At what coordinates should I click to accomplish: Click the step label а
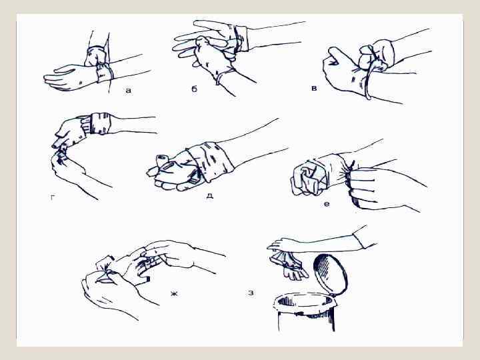coord(129,90)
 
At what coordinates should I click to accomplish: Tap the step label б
coord(195,89)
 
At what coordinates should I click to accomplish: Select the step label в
coord(314,88)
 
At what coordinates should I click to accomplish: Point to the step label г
coord(53,198)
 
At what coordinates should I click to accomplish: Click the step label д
coord(209,195)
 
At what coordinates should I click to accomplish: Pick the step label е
coord(327,203)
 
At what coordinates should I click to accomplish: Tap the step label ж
coord(174,294)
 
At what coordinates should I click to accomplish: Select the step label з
coord(251,293)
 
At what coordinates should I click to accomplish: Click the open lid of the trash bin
coord(330,274)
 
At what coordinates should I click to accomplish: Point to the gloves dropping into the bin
coord(288,265)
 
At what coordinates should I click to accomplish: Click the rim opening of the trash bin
coord(305,301)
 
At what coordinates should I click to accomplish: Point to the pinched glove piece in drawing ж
coord(105,269)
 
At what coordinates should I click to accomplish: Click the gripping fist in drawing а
coord(95,56)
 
